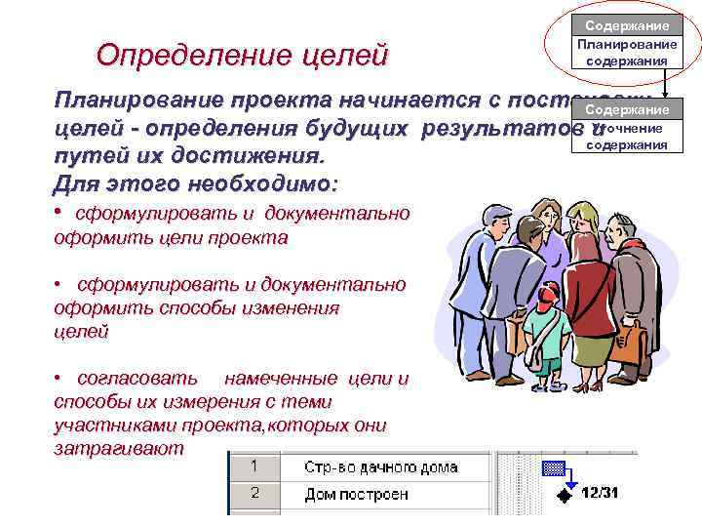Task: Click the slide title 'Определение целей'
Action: coord(242,55)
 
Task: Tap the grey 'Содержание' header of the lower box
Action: coord(627,111)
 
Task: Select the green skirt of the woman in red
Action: coord(583,346)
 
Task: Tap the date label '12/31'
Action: coord(600,493)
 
